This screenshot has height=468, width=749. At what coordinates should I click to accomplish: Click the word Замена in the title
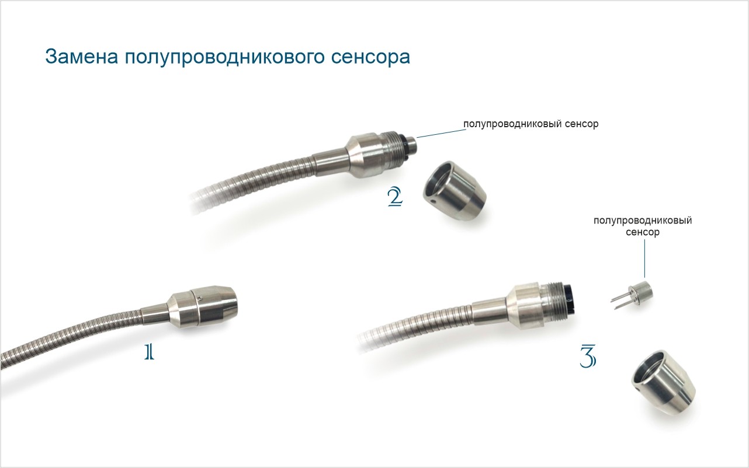pos(82,56)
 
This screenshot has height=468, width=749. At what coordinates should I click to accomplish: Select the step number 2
pos(395,197)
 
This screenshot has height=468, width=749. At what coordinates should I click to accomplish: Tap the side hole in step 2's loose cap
pos(433,202)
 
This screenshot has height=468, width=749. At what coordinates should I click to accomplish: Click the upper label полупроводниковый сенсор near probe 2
pos(530,124)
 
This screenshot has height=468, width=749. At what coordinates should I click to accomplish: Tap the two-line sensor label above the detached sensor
pos(643,226)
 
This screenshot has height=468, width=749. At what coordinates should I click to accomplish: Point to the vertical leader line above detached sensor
pos(644,259)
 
